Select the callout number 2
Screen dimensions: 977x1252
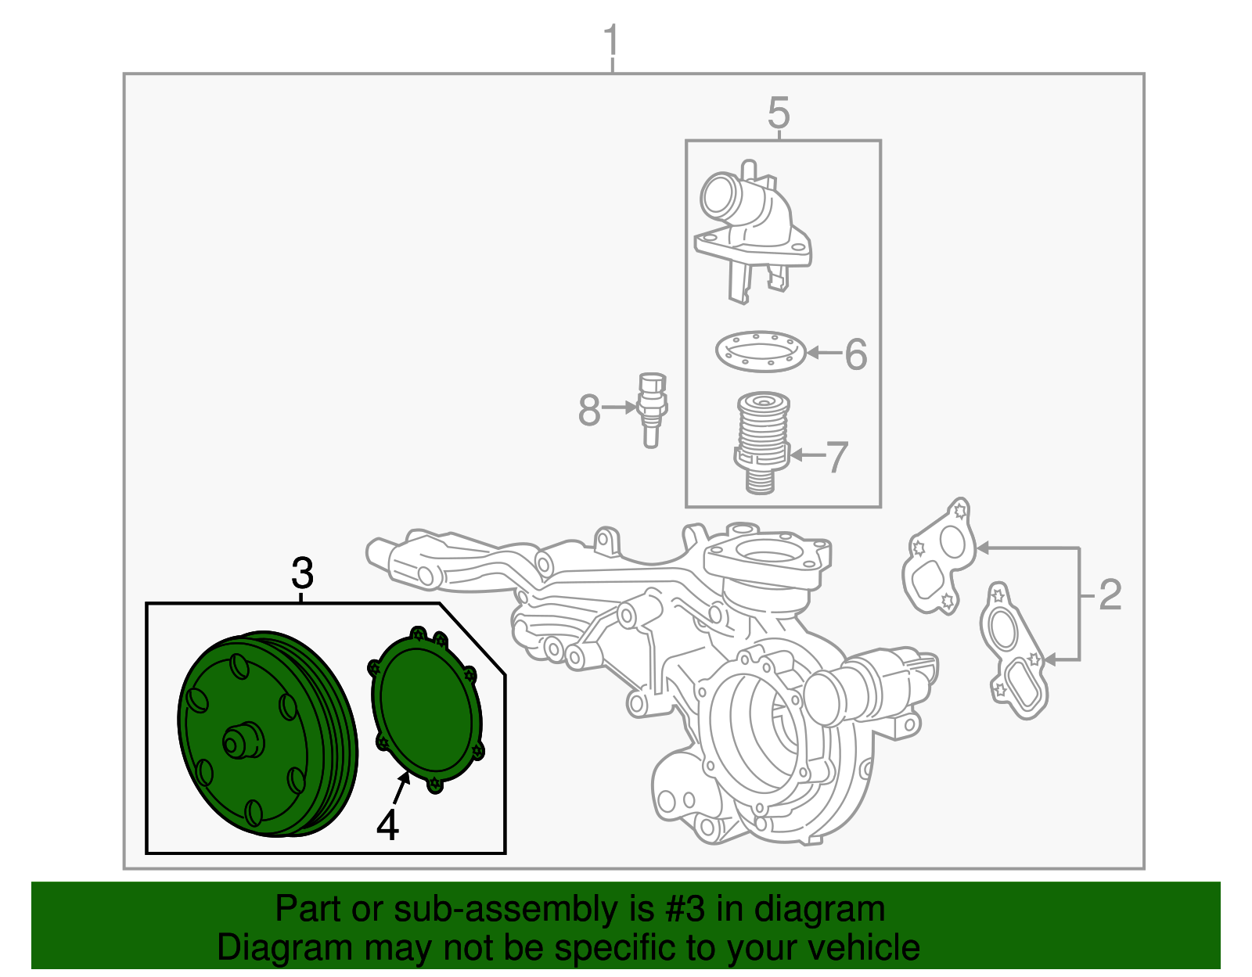pyautogui.click(x=1110, y=595)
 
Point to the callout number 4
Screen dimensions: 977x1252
pyautogui.click(x=387, y=824)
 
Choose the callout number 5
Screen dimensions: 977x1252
pyautogui.click(x=779, y=113)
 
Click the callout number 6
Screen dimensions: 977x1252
pyautogui.click(x=856, y=354)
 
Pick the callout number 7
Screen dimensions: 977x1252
pyautogui.click(x=837, y=457)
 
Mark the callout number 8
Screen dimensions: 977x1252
pyautogui.click(x=588, y=410)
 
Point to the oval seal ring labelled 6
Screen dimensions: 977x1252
pyautogui.click(x=760, y=352)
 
